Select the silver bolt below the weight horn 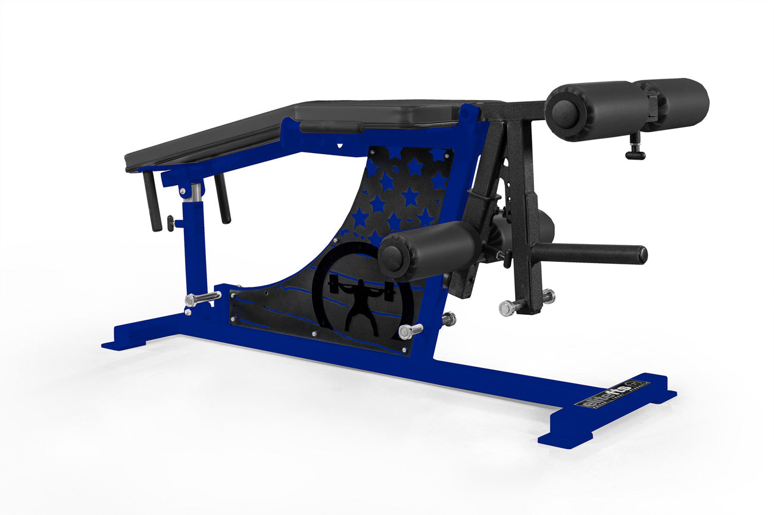(511, 307)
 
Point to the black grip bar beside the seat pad (331, 127)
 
